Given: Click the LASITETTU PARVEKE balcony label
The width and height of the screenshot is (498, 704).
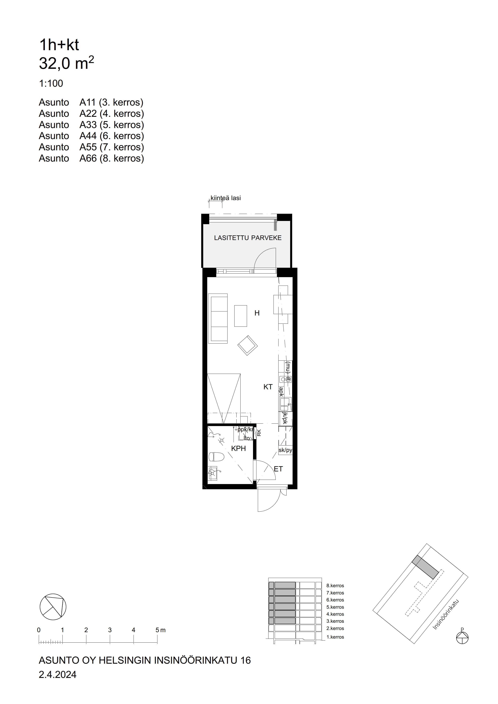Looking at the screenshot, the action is click(x=248, y=238).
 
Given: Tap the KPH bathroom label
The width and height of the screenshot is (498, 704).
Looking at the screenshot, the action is click(x=238, y=449).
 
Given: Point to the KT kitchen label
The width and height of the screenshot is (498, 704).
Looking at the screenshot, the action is click(x=268, y=387).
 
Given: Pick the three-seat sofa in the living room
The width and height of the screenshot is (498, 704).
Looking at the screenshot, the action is click(x=218, y=318).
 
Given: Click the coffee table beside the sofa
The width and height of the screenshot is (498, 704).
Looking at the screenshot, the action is click(x=241, y=316).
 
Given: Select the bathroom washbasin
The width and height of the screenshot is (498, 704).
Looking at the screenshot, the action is click(x=213, y=473).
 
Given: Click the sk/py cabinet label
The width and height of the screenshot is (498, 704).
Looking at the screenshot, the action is click(x=285, y=450).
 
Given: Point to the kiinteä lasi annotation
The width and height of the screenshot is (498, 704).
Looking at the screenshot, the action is click(x=226, y=198).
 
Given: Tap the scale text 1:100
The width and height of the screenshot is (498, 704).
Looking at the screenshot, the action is click(x=51, y=83).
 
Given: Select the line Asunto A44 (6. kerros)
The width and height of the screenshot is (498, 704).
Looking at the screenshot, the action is click(x=91, y=136).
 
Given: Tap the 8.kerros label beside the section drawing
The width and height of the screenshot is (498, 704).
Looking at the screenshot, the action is click(x=335, y=586).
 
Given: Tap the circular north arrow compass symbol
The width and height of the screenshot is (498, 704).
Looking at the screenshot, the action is click(x=53, y=607).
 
